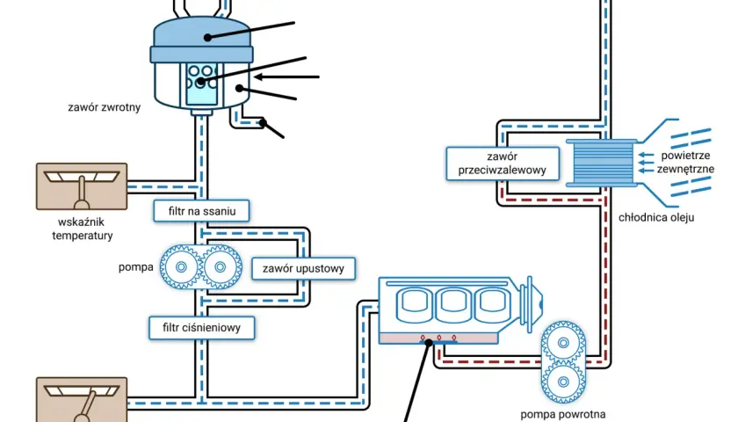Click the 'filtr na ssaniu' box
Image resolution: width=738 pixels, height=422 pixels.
click(x=201, y=211)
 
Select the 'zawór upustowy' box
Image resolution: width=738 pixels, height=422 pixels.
click(x=303, y=268)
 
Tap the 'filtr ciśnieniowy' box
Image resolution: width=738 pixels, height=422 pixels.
click(x=201, y=328)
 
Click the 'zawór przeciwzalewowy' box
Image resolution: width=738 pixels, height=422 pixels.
click(x=503, y=164)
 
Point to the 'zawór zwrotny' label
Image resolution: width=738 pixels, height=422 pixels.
click(x=104, y=107)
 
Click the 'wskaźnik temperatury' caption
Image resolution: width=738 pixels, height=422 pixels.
click(x=83, y=229)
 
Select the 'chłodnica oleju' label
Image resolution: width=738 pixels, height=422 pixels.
click(x=656, y=218)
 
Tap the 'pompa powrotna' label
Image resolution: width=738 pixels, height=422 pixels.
click(x=563, y=415)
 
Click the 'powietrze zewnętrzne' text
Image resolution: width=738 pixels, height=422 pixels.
click(x=685, y=162)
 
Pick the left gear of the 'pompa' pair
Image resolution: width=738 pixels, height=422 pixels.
click(x=181, y=267)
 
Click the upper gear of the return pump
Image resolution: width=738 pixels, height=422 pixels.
click(x=563, y=343)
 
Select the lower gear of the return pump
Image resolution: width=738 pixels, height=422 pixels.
click(x=563, y=382)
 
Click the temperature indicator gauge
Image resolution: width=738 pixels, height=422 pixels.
click(x=82, y=186)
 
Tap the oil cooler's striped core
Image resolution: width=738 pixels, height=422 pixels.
click(x=602, y=164)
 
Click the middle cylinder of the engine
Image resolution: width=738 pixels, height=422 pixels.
click(x=452, y=305)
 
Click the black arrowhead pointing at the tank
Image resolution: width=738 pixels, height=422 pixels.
click(x=258, y=76)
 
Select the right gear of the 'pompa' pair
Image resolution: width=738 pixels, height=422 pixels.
click(x=221, y=267)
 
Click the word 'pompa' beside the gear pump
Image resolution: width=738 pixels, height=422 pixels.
click(x=136, y=267)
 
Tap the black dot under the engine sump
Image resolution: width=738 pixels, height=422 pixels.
click(x=429, y=343)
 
